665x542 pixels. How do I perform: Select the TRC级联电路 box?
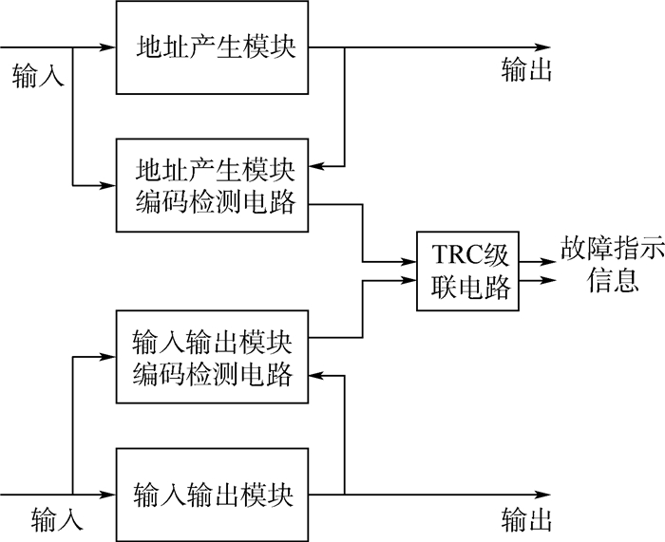click(469, 271)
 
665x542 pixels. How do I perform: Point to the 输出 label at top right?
click(526, 72)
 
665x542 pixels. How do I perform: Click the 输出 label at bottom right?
click(526, 520)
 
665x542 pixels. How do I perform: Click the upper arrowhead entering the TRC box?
click(410, 262)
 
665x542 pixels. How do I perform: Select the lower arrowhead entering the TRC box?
click(410, 280)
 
